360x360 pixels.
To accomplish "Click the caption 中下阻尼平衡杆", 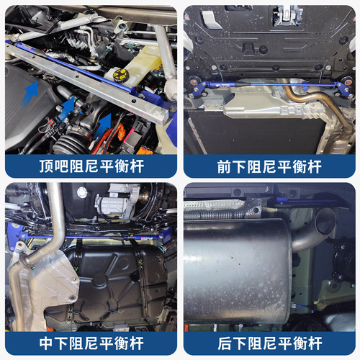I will coord(91,341).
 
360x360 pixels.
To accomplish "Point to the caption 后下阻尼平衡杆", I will coord(269,341).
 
